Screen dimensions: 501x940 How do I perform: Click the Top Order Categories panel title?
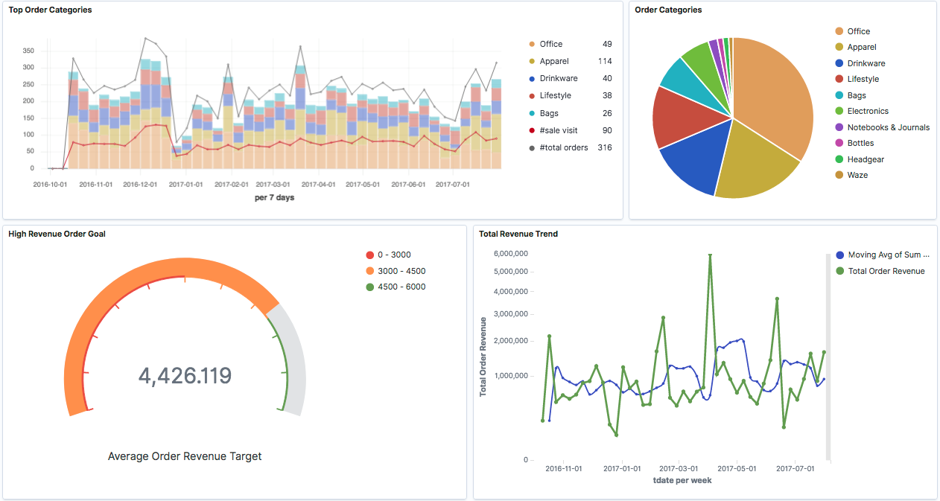coord(51,10)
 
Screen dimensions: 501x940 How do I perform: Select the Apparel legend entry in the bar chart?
coord(554,61)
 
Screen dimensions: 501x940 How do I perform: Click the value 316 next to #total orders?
coord(604,147)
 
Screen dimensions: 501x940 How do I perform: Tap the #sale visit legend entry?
coord(558,130)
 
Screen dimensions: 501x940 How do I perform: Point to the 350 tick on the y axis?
coord(28,51)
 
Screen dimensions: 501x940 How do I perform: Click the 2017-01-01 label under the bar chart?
coord(185,184)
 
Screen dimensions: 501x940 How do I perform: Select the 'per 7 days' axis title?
coord(275,197)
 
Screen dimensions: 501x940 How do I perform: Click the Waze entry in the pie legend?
coord(857,175)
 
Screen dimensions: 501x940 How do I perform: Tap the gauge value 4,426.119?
coord(185,375)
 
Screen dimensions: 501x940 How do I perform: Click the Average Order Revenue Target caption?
coord(185,456)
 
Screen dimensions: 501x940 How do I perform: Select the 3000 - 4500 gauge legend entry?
coord(401,271)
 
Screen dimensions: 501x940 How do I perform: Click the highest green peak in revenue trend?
coord(710,255)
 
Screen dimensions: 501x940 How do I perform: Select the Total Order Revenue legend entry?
coord(886,271)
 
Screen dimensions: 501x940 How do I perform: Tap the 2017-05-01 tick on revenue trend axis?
coord(736,469)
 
